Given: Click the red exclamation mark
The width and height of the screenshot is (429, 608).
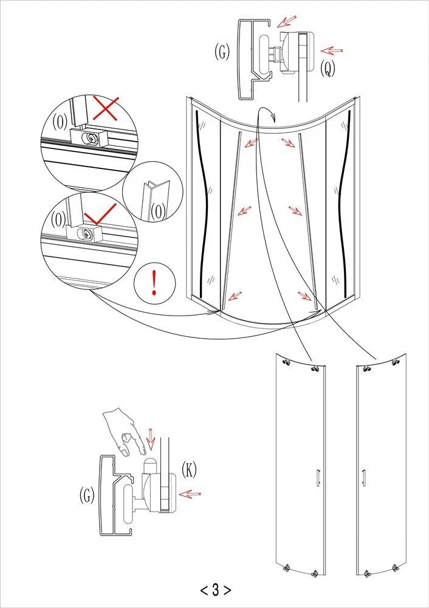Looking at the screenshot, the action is [x=154, y=283].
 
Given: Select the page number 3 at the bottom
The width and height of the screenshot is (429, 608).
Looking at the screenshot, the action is [x=216, y=590].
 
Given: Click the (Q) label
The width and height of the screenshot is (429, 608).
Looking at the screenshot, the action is [x=328, y=69].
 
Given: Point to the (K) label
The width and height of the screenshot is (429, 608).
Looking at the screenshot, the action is [x=189, y=470].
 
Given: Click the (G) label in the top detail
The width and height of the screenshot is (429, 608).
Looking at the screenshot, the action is [x=222, y=52].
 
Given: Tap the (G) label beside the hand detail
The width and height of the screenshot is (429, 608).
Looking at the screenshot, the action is [x=87, y=495].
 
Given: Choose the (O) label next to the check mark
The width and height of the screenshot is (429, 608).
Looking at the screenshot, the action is [x=58, y=220].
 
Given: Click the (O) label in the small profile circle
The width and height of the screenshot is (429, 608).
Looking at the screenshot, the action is [x=158, y=212].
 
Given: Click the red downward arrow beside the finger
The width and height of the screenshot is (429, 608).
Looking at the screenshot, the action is [x=151, y=439].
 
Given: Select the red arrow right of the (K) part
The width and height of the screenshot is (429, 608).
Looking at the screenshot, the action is [x=190, y=494].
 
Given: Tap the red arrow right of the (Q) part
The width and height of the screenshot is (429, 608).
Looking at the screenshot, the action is [x=332, y=50].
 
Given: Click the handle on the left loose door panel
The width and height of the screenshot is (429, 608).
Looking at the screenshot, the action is [x=318, y=477].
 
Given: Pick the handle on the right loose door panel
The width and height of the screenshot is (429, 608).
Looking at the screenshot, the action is [x=363, y=477].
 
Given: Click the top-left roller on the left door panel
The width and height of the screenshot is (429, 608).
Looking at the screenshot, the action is [x=287, y=362].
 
